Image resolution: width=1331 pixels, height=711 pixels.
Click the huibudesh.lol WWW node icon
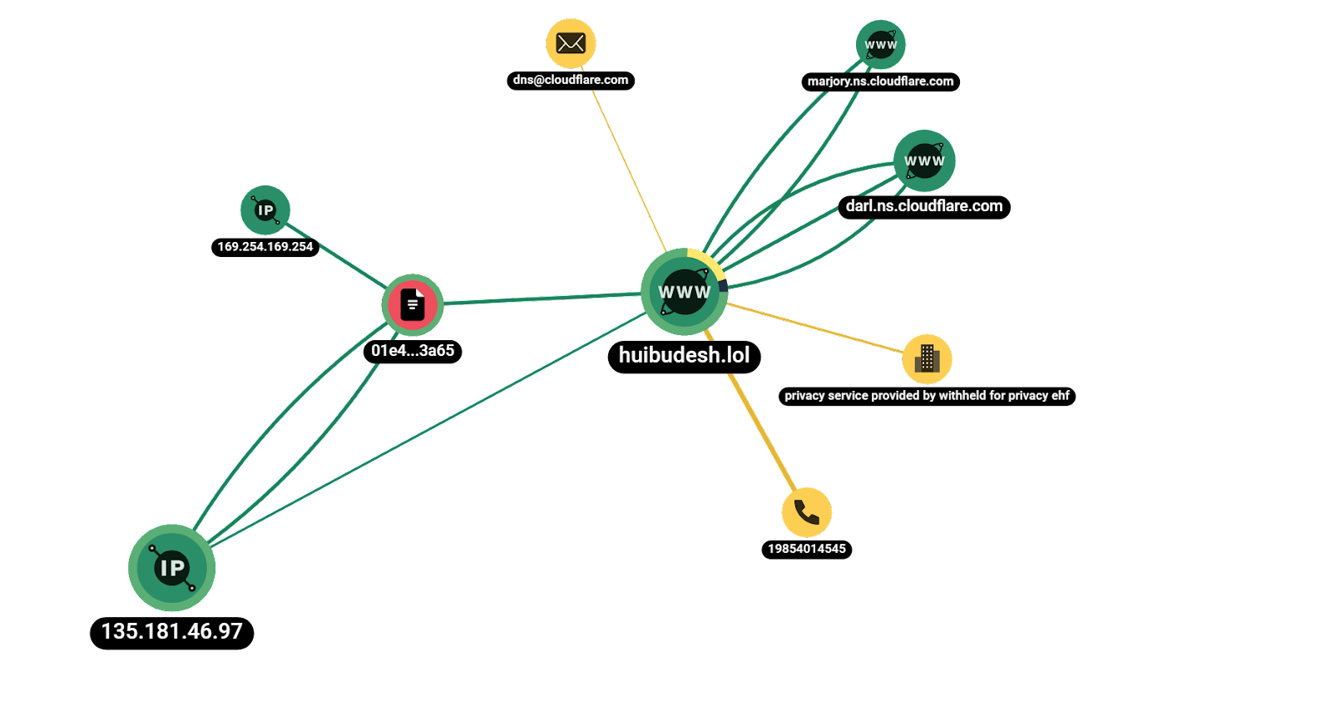(x=684, y=292)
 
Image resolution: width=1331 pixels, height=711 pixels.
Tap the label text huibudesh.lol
(x=684, y=355)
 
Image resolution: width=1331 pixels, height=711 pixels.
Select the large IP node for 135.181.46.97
(x=172, y=568)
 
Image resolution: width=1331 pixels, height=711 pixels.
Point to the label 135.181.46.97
(x=172, y=631)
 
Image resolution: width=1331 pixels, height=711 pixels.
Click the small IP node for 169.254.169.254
(x=265, y=210)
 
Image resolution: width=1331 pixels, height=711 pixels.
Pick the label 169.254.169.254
(x=265, y=247)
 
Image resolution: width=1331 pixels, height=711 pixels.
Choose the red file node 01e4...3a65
(x=413, y=304)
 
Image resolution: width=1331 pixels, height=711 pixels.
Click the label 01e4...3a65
(x=413, y=351)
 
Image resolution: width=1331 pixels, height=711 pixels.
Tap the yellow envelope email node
(x=571, y=43)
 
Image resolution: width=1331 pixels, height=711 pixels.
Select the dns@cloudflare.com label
(x=571, y=80)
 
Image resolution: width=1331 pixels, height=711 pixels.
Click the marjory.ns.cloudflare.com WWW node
(x=880, y=45)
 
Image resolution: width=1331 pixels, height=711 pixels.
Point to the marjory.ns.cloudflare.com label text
(x=880, y=81)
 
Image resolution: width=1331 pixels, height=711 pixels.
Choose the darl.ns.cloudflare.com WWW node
(x=924, y=160)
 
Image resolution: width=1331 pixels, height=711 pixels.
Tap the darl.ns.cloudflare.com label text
(x=924, y=206)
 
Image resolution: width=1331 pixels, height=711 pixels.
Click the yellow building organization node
(x=927, y=359)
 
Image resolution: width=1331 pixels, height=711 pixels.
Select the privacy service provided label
(x=927, y=396)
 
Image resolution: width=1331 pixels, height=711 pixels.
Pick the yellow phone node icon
(x=806, y=512)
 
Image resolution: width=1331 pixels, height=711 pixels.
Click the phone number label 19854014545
(x=806, y=549)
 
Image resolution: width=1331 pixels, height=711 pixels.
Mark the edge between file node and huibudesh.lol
(x=541, y=298)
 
